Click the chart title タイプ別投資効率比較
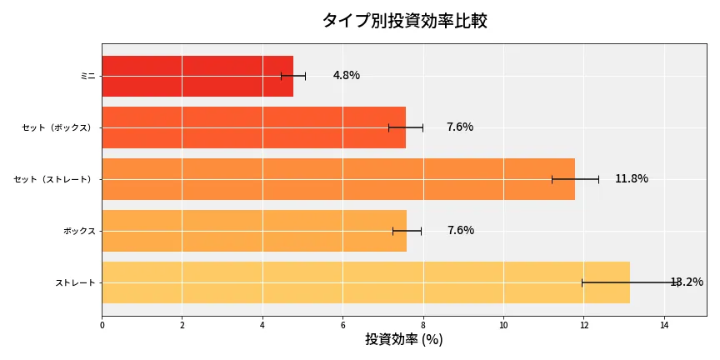pyautogui.click(x=404, y=21)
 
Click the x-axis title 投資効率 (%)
pyautogui.click(x=404, y=340)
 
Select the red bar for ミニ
pyautogui.click(x=197, y=76)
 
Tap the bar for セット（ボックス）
pyautogui.click(x=253, y=127)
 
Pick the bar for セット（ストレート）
pyautogui.click(x=337, y=179)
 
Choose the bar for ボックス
pyautogui.click(x=254, y=231)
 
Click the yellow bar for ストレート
pyautogui.click(x=365, y=282)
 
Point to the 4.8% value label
pyautogui.click(x=346, y=76)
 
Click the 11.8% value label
pyautogui.click(x=631, y=179)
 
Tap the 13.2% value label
pyautogui.click(x=686, y=282)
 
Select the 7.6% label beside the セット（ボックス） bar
pyautogui.click(x=459, y=127)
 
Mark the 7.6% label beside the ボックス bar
pyautogui.click(x=460, y=231)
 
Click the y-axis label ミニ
pyautogui.click(x=87, y=76)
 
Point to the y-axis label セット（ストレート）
pyautogui.click(x=55, y=179)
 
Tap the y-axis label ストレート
pyautogui.click(x=75, y=282)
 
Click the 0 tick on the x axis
pyautogui.click(x=102, y=325)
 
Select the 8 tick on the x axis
pyautogui.click(x=423, y=325)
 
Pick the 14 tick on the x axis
pyautogui.click(x=664, y=325)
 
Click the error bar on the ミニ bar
pyautogui.click(x=293, y=76)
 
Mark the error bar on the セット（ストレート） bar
pyautogui.click(x=575, y=179)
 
